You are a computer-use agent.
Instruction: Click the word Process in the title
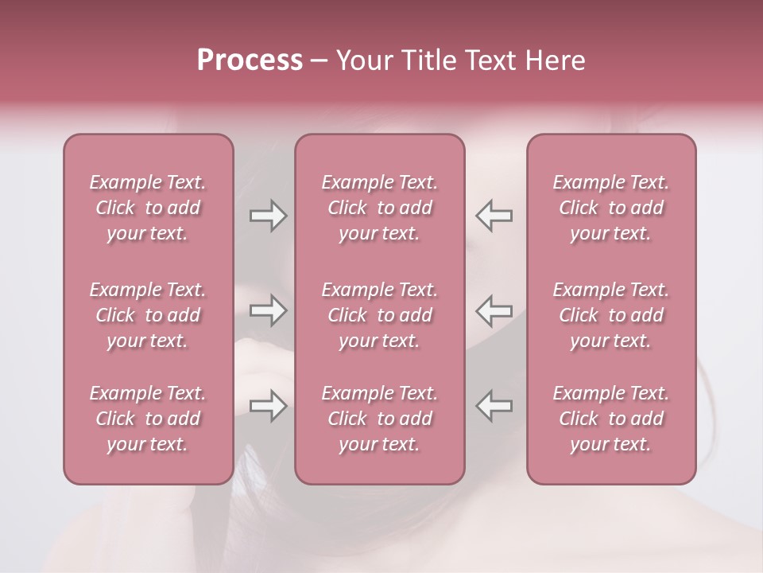coord(250,60)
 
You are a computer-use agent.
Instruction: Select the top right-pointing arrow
coord(269,216)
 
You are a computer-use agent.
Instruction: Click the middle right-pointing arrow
coord(269,310)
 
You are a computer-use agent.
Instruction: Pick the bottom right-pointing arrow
coord(269,405)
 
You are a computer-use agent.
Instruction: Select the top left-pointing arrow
coord(494,216)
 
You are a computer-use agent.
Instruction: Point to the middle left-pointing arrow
coord(494,310)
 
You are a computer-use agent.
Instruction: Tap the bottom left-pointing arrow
coord(494,405)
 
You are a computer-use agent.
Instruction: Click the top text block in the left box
coord(148,208)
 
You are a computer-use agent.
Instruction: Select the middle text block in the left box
coord(148,315)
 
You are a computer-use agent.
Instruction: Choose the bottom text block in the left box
coord(148,419)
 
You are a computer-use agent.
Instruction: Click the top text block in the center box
coord(379,208)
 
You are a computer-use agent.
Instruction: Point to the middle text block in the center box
coord(379,315)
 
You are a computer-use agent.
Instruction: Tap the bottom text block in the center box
coord(379,419)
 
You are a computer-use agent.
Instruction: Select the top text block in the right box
coord(610,208)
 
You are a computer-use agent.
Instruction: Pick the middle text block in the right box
coord(610,315)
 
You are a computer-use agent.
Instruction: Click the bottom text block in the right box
coord(610,419)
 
